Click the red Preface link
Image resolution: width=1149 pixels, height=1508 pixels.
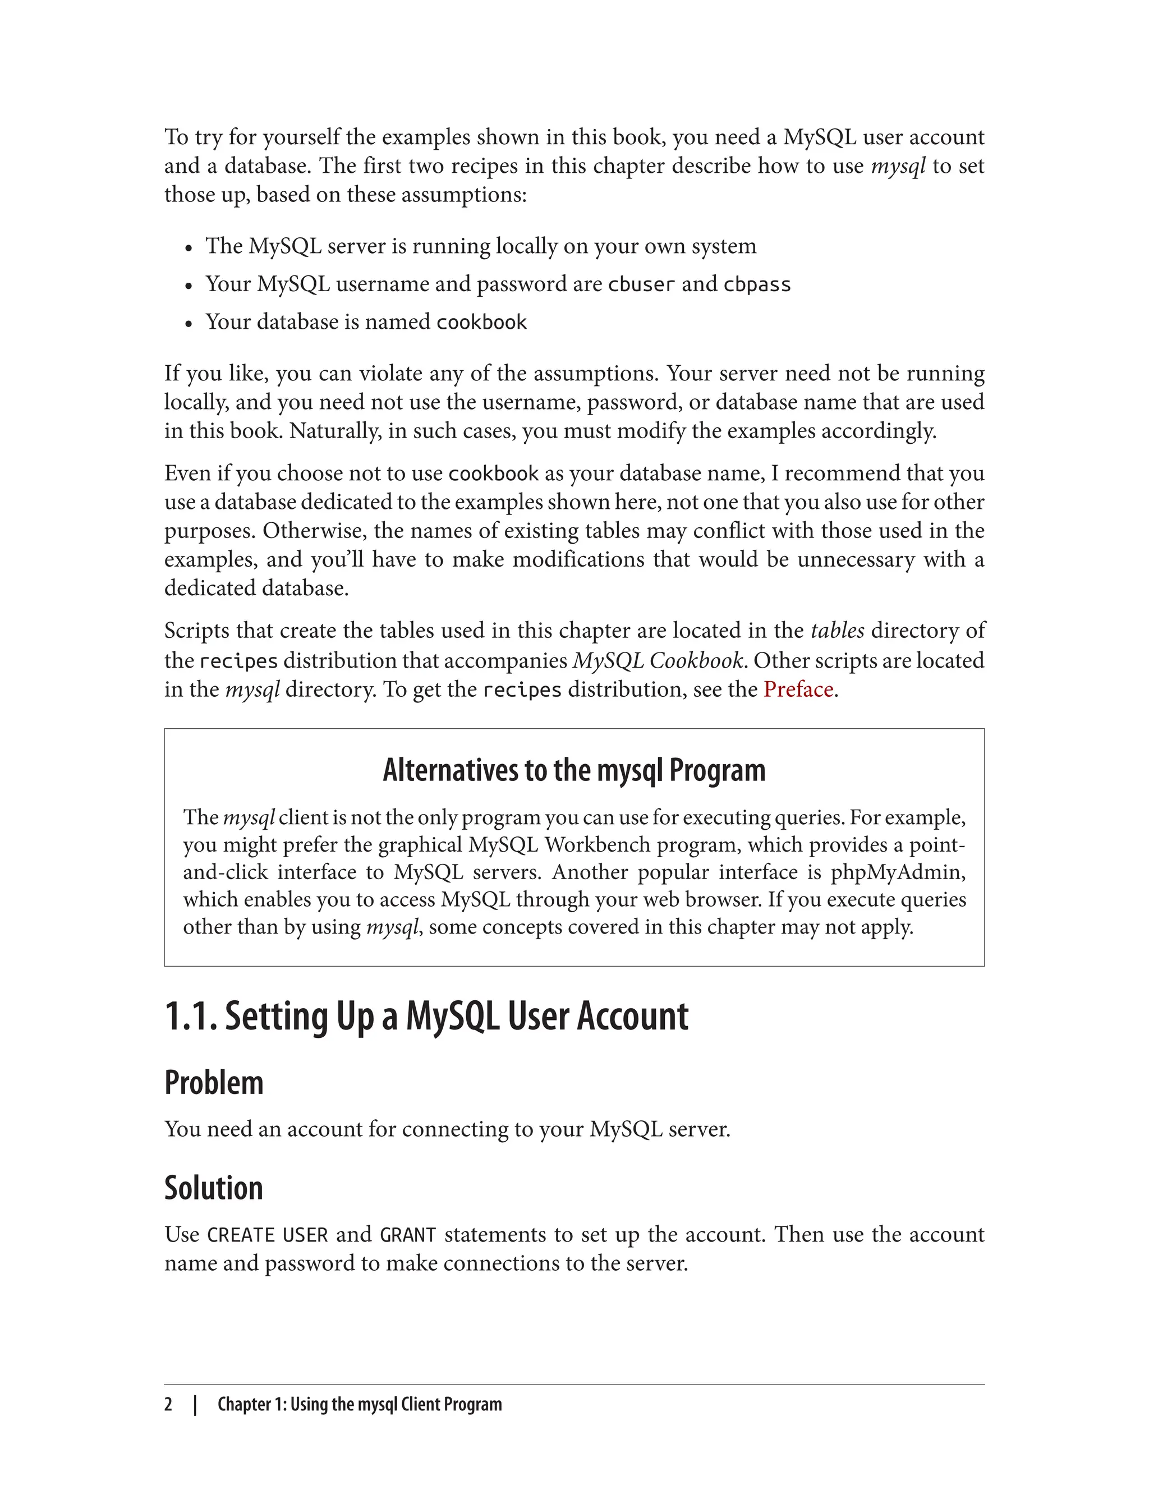798,689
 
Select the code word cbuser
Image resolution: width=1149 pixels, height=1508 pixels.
641,284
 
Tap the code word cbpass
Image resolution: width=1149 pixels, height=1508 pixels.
756,284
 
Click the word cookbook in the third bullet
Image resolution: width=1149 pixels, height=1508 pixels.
481,322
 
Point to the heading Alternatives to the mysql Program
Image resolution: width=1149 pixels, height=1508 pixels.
574,770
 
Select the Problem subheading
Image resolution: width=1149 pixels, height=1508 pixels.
213,1083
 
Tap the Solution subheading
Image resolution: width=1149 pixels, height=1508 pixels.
213,1188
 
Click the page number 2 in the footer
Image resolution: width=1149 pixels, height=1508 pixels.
168,1404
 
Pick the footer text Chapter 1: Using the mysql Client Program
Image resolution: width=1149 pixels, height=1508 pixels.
360,1404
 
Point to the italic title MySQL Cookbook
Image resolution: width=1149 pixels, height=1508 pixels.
658,661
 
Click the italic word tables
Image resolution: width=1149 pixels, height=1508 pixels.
837,631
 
